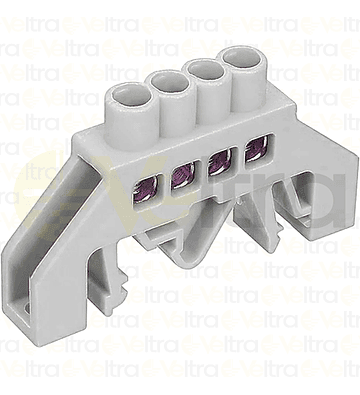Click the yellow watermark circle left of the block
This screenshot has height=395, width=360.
[x=40, y=200]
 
